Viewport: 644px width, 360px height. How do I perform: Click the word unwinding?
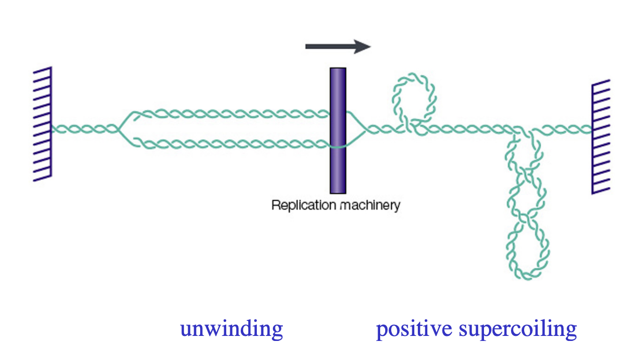tap(231, 329)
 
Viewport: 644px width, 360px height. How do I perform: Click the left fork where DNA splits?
tap(120, 129)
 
